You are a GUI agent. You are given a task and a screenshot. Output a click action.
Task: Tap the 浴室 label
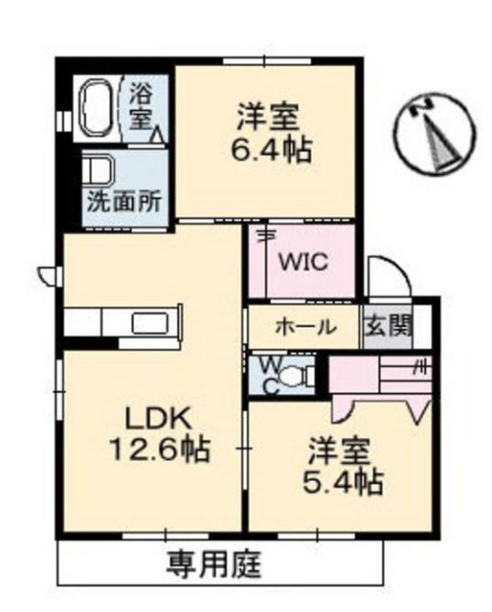(141, 106)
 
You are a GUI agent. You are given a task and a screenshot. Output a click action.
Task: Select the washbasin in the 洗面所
(98, 169)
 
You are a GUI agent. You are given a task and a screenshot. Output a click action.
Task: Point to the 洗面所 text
(124, 202)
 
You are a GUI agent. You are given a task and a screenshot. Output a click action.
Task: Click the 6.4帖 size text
(271, 149)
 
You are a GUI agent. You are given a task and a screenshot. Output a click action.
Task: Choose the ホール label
(305, 326)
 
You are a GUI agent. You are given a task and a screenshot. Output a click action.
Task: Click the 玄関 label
(388, 325)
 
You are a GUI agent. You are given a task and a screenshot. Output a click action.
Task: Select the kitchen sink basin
(150, 323)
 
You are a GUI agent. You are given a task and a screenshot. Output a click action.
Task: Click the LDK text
(159, 420)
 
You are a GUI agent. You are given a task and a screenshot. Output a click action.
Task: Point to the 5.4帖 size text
(343, 482)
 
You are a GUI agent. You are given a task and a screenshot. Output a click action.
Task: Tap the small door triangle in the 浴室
(158, 135)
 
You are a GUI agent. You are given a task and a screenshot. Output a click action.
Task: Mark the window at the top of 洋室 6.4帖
(267, 61)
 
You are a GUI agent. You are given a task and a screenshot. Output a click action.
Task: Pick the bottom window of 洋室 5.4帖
(317, 535)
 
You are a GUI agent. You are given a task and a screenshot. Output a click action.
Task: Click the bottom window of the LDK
(166, 535)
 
